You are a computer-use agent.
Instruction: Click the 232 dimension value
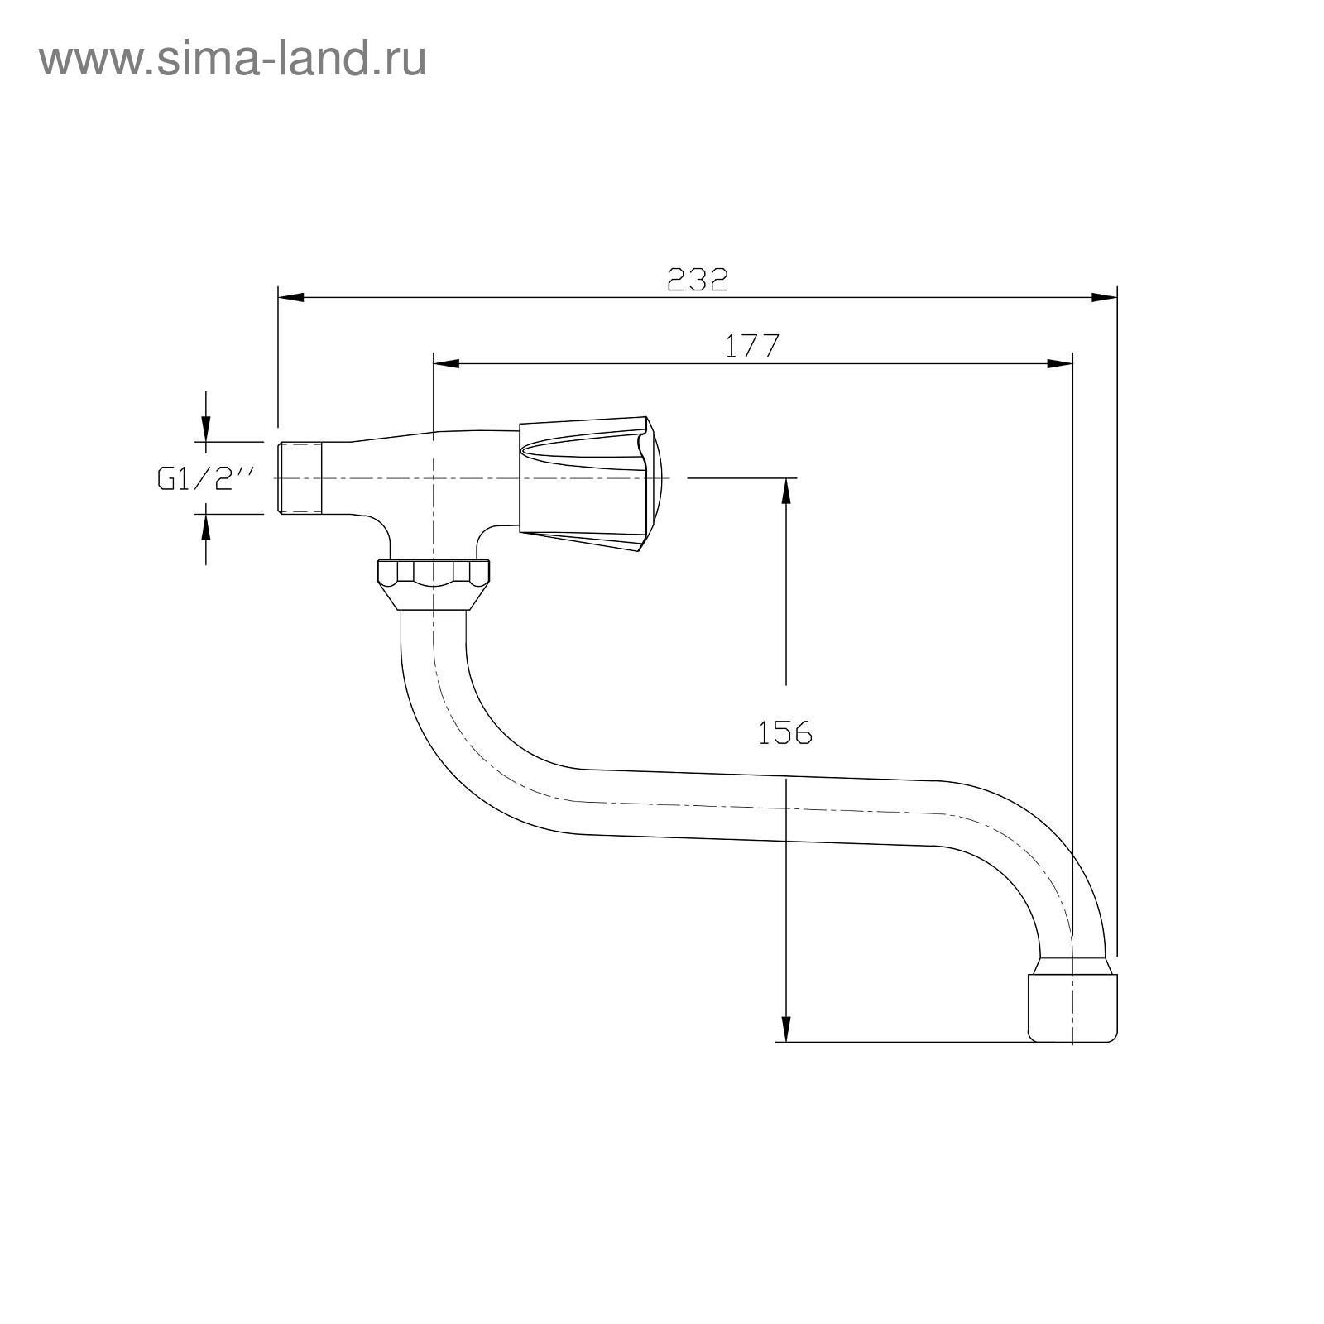(x=698, y=280)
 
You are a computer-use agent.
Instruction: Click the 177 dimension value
(x=752, y=346)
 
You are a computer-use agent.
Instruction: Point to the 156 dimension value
(x=785, y=732)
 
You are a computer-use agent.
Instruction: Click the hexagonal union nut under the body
(x=433, y=585)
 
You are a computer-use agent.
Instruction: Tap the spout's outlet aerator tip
(x=1072, y=1000)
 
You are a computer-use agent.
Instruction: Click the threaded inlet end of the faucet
(x=300, y=479)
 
